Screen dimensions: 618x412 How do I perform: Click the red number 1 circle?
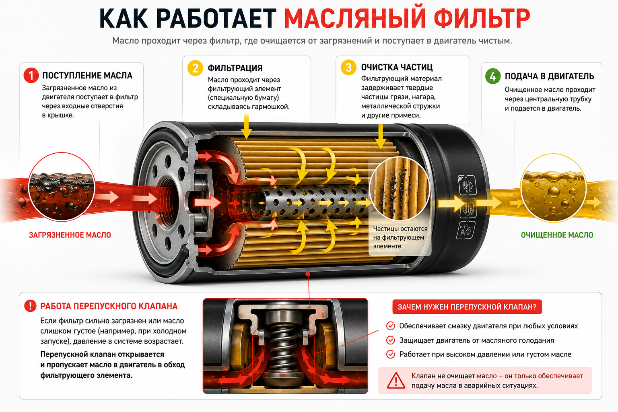point(31,75)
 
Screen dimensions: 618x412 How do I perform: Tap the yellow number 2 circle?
point(195,68)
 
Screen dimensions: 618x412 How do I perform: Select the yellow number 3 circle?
point(348,67)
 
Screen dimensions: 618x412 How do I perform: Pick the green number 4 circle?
point(493,76)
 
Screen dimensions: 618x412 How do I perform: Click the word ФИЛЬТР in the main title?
point(482,18)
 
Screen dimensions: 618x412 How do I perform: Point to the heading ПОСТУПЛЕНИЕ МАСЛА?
point(87,76)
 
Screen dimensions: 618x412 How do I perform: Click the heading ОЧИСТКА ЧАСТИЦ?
point(397,67)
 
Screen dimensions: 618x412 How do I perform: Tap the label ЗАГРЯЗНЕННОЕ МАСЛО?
point(70,235)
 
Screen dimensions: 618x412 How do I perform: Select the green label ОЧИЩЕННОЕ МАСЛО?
point(557,235)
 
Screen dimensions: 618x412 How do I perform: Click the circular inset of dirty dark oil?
point(62,187)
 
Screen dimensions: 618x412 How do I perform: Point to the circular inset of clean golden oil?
point(553,188)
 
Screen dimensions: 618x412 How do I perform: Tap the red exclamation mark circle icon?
point(30,306)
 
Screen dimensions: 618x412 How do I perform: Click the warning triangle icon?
point(396,381)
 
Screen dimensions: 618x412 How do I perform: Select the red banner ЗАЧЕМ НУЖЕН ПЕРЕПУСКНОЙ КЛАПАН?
point(467,307)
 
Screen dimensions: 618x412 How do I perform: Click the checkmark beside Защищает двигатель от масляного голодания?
point(390,340)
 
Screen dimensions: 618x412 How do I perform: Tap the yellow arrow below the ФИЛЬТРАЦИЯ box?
point(246,127)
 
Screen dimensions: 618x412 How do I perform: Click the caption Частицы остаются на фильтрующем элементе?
point(400,237)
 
